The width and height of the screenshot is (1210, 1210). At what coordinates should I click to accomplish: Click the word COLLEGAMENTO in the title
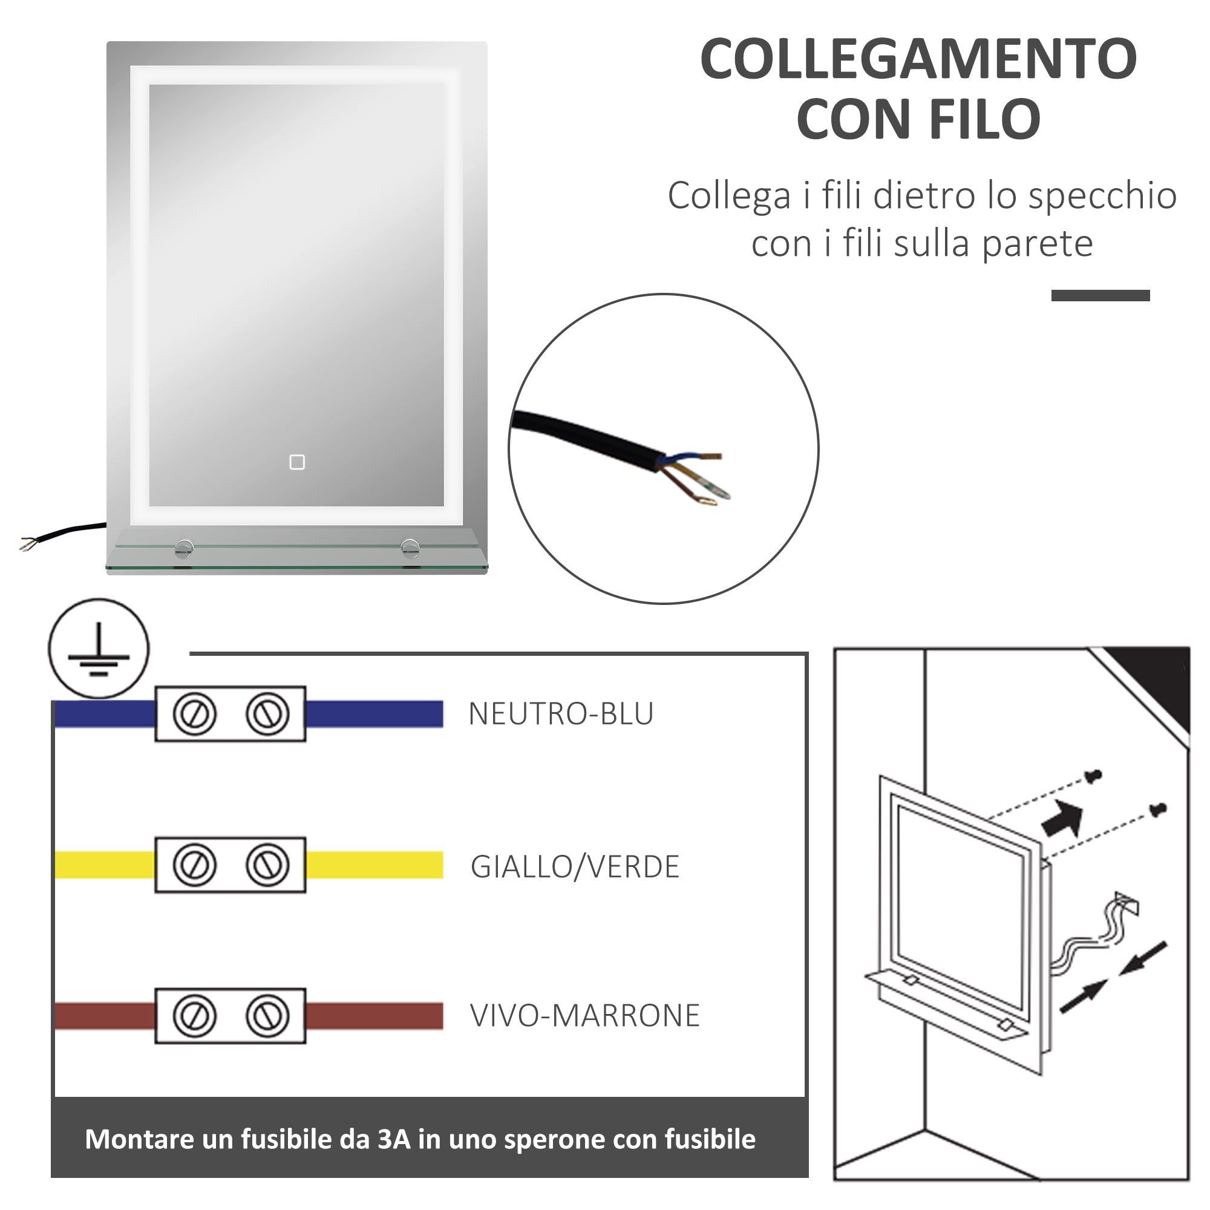(x=918, y=59)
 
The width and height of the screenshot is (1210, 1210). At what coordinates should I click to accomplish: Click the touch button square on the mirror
(x=297, y=462)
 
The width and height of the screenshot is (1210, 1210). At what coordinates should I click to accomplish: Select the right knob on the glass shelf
(x=410, y=548)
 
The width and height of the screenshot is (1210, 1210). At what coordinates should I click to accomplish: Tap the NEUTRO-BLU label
(x=561, y=714)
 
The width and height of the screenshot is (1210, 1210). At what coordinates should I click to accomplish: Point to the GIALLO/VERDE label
(x=574, y=867)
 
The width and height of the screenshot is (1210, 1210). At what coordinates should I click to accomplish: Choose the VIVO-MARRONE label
(x=584, y=1016)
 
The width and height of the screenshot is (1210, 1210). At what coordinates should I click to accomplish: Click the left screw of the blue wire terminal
(x=195, y=714)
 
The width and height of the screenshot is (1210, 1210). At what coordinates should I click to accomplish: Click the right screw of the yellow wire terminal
(x=267, y=865)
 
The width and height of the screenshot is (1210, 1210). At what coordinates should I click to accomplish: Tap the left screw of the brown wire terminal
(x=195, y=1016)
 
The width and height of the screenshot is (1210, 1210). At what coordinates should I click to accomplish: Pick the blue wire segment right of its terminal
(x=374, y=714)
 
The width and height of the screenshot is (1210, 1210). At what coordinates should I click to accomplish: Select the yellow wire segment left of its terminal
(x=105, y=865)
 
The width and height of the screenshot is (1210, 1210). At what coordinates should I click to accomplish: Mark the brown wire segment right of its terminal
(x=374, y=1016)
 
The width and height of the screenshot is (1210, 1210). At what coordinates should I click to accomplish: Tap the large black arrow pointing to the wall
(x=1064, y=819)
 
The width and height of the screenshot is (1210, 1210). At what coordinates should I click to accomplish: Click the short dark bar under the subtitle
(x=1100, y=296)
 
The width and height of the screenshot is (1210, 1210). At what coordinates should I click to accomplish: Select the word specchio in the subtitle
(x=1102, y=195)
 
